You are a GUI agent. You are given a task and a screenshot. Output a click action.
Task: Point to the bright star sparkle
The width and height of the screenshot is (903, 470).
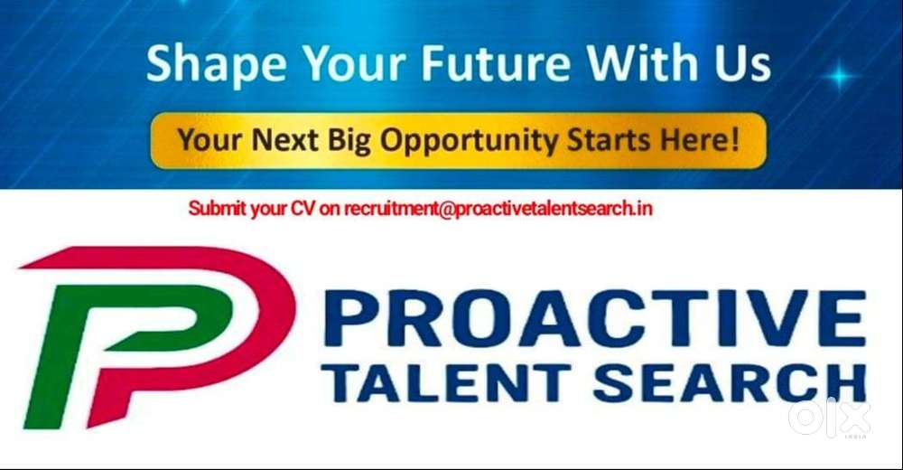tap(839, 76)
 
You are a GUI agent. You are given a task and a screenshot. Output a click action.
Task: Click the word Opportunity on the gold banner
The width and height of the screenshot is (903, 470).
tap(468, 142)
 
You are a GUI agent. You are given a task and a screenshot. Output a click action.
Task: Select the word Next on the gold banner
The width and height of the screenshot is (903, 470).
tap(285, 139)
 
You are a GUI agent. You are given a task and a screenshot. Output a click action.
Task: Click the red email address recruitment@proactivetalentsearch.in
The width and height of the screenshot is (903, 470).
tap(498, 209)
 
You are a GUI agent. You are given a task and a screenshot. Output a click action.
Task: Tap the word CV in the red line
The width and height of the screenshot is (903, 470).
tap(303, 208)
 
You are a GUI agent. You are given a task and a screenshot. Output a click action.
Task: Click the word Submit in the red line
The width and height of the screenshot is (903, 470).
tap(218, 208)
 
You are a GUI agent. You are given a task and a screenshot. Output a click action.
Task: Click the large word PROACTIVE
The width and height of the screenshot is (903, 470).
tap(594, 318)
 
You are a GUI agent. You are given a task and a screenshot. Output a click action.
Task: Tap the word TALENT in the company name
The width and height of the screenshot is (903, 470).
tap(446, 383)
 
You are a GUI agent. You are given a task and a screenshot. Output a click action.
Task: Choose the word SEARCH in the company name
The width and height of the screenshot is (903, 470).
tap(729, 383)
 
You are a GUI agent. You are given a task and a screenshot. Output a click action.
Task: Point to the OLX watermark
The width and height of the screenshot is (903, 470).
tap(829, 417)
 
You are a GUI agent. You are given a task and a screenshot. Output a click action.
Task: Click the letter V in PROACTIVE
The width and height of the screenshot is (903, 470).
tap(764, 318)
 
